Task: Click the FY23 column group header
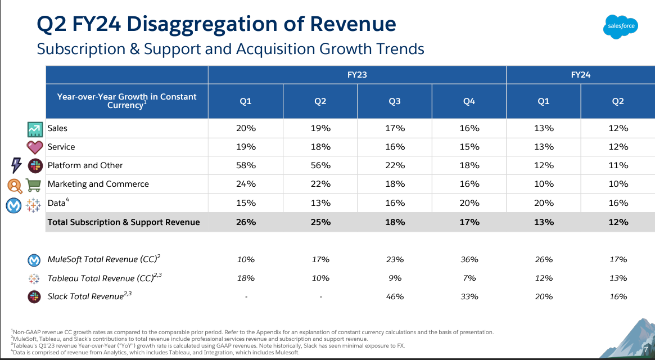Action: click(x=357, y=74)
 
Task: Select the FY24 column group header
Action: click(x=580, y=74)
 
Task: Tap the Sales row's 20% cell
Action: click(x=246, y=128)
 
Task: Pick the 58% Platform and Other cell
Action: click(x=246, y=165)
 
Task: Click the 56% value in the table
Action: click(x=320, y=165)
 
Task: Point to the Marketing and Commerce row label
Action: click(x=98, y=184)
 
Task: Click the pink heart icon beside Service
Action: click(x=35, y=147)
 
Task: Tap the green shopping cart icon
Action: click(x=35, y=184)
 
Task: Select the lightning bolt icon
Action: click(x=16, y=165)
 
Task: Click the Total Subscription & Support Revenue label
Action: click(x=124, y=222)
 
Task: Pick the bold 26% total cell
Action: click(x=246, y=222)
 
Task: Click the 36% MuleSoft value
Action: click(x=469, y=259)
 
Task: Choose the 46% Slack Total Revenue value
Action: click(x=395, y=296)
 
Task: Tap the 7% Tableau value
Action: click(x=469, y=278)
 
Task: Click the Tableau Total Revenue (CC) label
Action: click(x=104, y=278)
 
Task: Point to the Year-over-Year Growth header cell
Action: click(x=127, y=101)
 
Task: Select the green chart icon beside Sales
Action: click(x=35, y=129)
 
